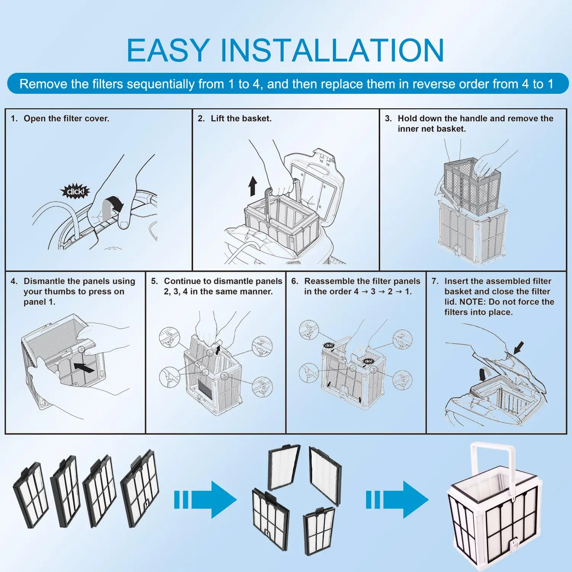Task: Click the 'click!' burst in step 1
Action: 75,191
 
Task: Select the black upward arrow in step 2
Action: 252,186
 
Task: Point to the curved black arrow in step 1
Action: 116,204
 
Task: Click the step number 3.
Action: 388,119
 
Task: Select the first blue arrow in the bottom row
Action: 206,499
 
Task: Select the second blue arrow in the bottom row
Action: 397,499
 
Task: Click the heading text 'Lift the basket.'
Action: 241,119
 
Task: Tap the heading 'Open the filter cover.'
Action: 66,119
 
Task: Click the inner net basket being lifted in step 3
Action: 472,187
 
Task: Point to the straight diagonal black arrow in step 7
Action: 519,347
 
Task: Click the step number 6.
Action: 295,281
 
